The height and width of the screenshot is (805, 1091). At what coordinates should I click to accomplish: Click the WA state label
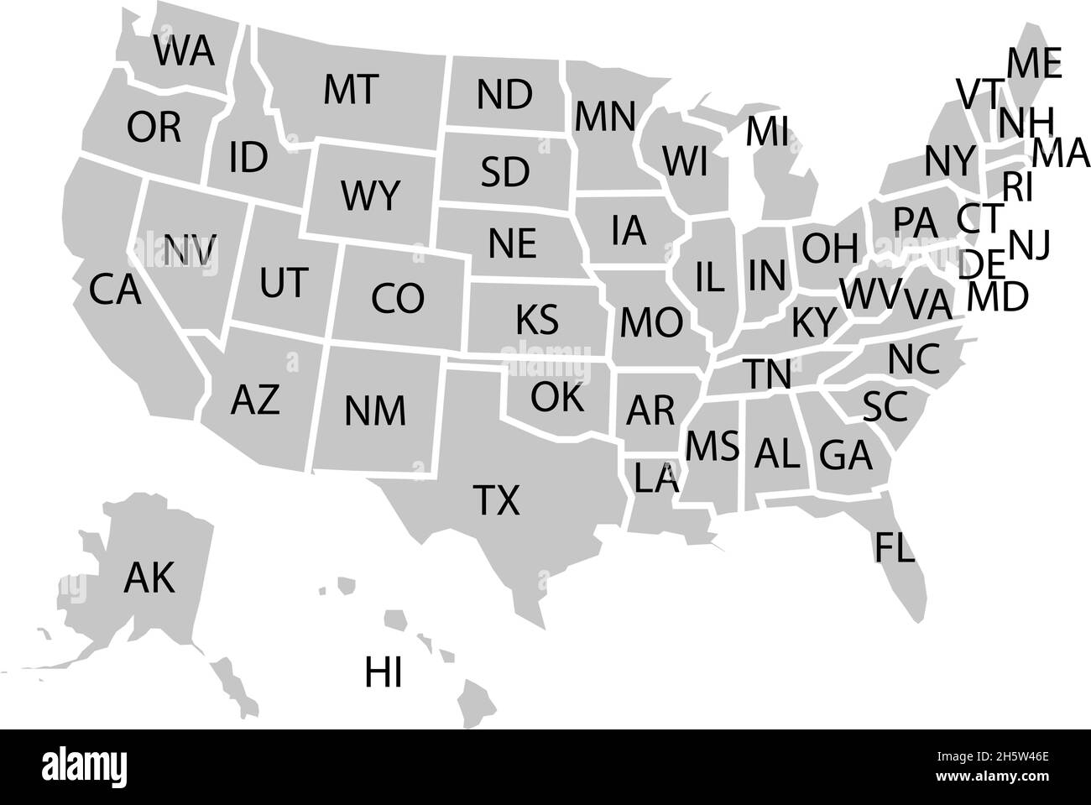click(184, 52)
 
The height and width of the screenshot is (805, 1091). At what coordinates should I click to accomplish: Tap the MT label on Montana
click(351, 90)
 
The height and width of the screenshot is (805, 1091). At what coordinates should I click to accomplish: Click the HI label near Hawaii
click(384, 673)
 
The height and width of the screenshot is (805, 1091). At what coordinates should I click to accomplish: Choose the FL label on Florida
click(895, 546)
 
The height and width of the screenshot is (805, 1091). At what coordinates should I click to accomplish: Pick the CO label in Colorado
click(398, 298)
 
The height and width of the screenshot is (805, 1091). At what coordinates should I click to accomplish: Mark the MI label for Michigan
click(767, 131)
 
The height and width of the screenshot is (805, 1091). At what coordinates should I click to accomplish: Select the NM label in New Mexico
click(374, 411)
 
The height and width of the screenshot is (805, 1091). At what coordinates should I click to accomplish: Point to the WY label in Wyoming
click(370, 197)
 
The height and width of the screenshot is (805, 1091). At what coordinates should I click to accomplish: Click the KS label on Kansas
click(536, 320)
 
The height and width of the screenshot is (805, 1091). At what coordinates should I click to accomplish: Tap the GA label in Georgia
click(846, 456)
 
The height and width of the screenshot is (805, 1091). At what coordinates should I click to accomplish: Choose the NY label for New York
click(951, 160)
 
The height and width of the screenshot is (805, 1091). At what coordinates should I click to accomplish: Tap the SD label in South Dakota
click(505, 172)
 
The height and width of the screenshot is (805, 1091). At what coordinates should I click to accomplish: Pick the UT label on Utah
click(284, 283)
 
